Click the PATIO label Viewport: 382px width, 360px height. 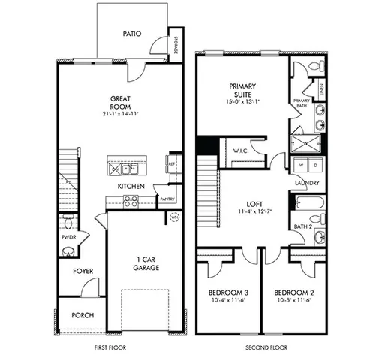click(134, 34)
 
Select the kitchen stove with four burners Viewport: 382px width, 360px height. click(131, 201)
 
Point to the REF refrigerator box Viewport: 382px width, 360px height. click(172, 163)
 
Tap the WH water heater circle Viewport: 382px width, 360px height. click(175, 217)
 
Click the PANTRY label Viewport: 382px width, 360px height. click(167, 199)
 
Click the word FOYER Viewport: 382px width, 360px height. click(83, 271)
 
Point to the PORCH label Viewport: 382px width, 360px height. click(83, 315)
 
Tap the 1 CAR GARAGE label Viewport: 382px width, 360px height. click(146, 263)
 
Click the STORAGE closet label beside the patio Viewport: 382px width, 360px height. click(175, 45)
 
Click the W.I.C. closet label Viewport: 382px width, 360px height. click(241, 151)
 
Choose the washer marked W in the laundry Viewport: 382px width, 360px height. click(302, 165)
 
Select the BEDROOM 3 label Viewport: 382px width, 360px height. click(226, 292)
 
